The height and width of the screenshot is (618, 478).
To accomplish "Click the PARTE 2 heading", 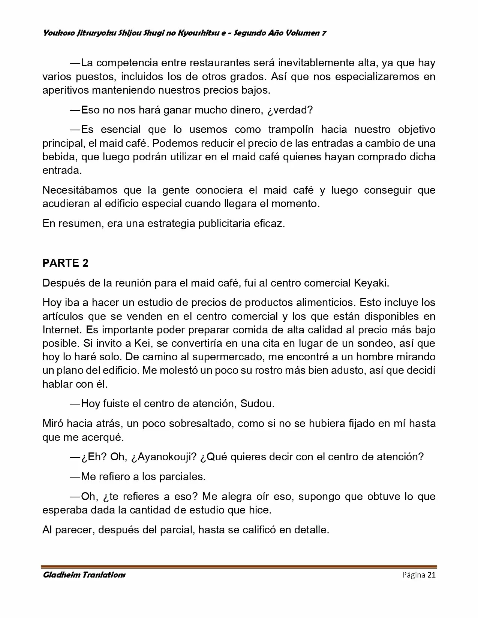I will coord(66,263).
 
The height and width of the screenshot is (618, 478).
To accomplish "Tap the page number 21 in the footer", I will coord(431,575).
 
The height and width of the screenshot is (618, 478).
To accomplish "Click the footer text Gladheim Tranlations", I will coord(84,575).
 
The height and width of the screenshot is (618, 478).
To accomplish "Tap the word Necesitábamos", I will coord(79,190).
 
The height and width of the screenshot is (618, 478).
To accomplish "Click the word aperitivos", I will coord(66,90).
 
